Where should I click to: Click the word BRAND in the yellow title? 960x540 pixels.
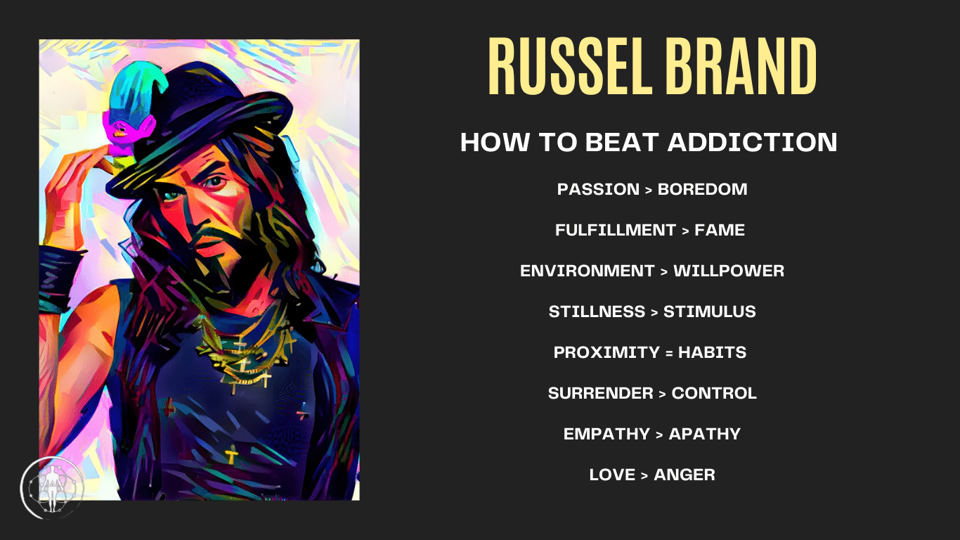[741, 66]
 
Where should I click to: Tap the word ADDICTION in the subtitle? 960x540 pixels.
[752, 142]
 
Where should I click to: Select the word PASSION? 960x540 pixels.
[598, 189]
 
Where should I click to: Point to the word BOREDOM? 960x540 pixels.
[702, 189]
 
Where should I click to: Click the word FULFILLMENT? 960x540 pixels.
[616, 230]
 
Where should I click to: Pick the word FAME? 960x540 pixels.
[720, 230]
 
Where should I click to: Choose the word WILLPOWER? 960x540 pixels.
[729, 271]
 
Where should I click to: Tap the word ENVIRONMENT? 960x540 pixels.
[587, 271]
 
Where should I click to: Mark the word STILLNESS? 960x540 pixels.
[597, 311]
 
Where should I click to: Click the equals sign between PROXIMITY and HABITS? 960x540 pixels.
[669, 353]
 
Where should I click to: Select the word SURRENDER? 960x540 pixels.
[600, 393]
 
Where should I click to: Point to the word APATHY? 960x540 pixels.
[705, 434]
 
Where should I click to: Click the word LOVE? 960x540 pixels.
[612, 475]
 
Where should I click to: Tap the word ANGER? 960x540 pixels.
[685, 475]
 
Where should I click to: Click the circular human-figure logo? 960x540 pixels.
[52, 488]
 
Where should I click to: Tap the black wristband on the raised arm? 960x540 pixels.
[59, 276]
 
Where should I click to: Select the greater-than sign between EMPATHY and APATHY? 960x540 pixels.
[660, 435]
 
